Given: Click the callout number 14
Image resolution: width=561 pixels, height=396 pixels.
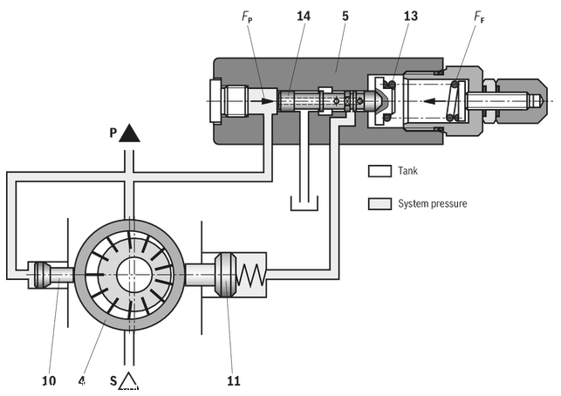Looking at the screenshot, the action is pos(304,16).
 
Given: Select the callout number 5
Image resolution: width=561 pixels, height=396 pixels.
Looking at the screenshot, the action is pos(345,16).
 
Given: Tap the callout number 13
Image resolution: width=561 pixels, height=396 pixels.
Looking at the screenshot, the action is pos(410,16).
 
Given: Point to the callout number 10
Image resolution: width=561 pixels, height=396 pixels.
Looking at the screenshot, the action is pos(49,380).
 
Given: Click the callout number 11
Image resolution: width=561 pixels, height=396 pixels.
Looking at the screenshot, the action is pos(234,380).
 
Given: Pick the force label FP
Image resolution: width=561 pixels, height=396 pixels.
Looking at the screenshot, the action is pos(247,17).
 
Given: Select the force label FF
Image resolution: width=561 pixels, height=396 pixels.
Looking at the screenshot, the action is pos(479,17).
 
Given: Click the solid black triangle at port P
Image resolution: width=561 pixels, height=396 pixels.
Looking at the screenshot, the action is pos(129,133).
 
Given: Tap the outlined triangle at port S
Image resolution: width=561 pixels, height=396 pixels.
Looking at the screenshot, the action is pos(128,380).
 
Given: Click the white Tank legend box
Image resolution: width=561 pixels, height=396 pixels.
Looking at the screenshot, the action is pos(380,171).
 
